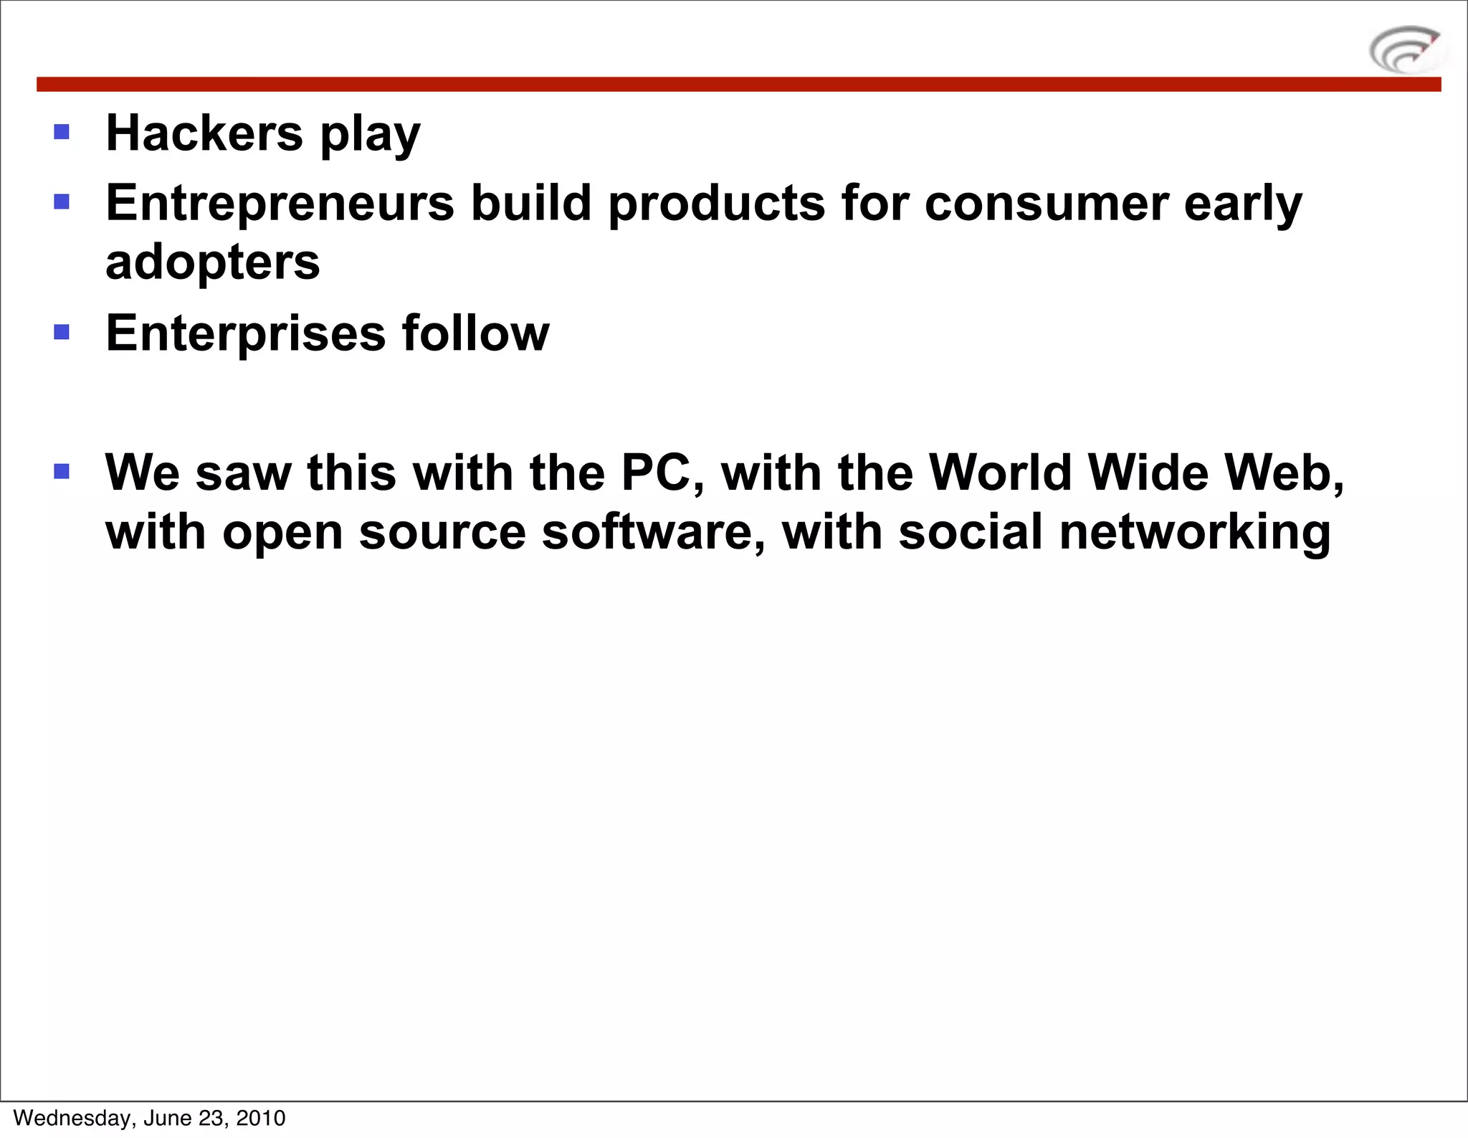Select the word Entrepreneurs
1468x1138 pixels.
point(280,204)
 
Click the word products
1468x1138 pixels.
point(717,204)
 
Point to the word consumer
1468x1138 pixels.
point(1047,204)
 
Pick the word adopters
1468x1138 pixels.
point(213,263)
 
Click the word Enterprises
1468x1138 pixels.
point(246,334)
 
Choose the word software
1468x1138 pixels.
point(652,533)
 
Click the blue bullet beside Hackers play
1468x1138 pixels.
point(62,132)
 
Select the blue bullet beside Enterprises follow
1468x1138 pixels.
point(62,332)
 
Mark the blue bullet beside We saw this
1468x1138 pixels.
point(62,471)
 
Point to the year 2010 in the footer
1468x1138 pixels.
point(261,1118)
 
